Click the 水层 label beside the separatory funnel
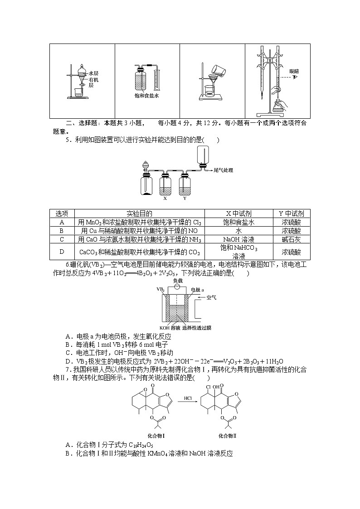point(94,73)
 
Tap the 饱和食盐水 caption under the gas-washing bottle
point(146,96)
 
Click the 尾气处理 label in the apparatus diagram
point(223,170)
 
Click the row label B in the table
point(62,231)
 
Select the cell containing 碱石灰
point(292,239)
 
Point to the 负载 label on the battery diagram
point(178,281)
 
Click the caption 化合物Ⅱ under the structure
point(228,436)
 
